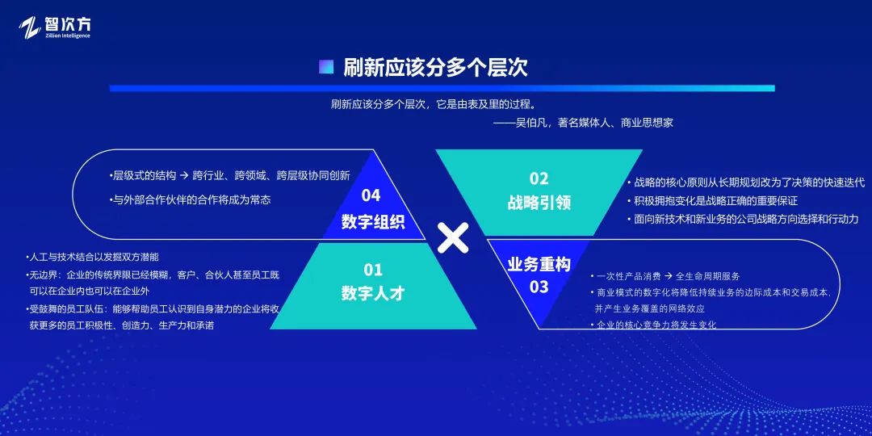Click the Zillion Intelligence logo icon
coord(30,27)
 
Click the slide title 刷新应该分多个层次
coord(435,67)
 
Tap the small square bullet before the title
coord(326,67)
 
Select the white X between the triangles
coord(453,238)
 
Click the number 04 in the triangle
coord(371,195)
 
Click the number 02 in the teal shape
coord(539,178)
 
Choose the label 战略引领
coord(539,202)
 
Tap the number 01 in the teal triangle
coord(372,270)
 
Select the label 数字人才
coord(372,293)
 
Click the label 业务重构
coord(539,264)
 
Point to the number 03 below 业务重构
coord(539,287)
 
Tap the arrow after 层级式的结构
coord(184,175)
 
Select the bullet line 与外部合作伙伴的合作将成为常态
coord(191,199)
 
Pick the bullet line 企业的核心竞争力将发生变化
coord(655,325)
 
